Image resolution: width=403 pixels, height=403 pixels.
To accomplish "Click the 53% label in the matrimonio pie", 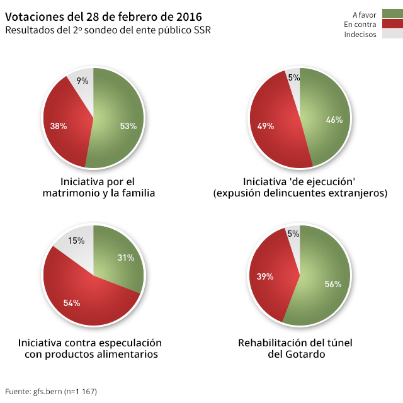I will point(128,126).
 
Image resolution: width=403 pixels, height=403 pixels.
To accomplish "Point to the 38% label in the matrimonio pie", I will point(59,126).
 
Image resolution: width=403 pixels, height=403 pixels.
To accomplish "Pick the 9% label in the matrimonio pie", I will point(82,81).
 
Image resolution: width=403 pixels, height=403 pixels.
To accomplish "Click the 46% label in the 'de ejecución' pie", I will point(334,120).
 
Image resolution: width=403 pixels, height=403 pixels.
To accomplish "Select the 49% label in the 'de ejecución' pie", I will point(266,126).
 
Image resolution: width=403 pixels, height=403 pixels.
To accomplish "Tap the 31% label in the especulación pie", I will point(126,257).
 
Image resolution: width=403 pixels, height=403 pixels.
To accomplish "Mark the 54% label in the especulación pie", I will point(72,303).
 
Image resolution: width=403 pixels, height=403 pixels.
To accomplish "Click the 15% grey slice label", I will point(76,241).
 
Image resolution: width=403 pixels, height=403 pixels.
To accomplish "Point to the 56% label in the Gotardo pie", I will point(333,284).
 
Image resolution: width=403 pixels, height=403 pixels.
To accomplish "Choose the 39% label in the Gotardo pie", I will point(265,276).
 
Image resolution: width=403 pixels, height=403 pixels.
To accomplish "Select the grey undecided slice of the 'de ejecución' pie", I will point(294,80).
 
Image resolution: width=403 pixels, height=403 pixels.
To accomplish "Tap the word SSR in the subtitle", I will point(201,30).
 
